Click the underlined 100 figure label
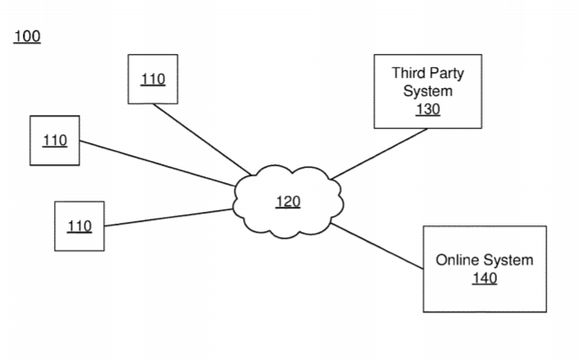(27, 36)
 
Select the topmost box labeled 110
(152, 79)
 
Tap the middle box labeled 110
(55, 141)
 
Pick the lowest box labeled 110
(80, 226)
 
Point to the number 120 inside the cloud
(288, 202)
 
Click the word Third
(408, 73)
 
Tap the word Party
(447, 74)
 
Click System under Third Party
(428, 91)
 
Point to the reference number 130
(428, 109)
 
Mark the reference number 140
(484, 278)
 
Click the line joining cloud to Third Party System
(379, 154)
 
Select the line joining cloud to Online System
(377, 246)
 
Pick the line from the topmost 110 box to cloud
(202, 140)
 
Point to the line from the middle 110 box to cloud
(157, 163)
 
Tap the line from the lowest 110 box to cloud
(168, 218)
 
